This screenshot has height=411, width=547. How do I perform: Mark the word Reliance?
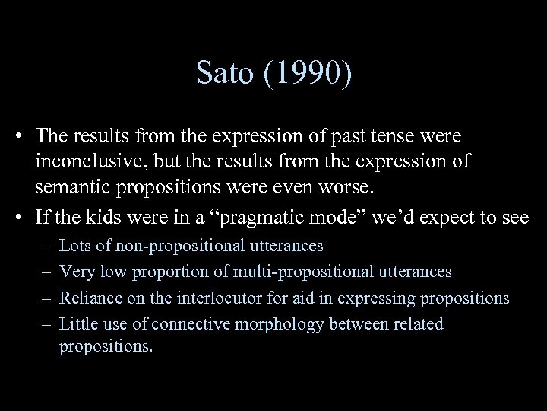89,298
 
